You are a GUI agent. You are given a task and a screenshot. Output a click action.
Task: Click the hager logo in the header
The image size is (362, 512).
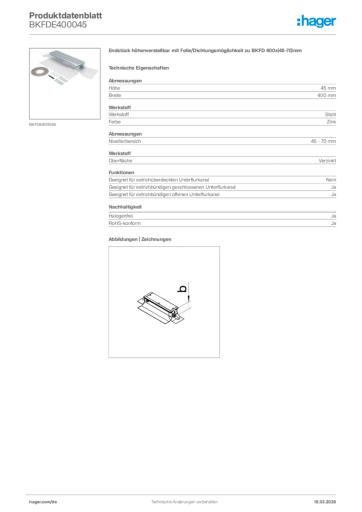(x=316, y=21)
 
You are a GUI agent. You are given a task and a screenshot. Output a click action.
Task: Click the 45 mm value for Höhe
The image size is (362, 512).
(x=328, y=88)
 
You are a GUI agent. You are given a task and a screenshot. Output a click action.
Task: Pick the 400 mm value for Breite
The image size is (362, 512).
(x=326, y=95)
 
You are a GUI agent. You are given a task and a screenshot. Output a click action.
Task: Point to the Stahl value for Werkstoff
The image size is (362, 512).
(x=330, y=114)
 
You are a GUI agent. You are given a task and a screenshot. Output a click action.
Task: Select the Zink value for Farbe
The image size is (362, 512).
(x=331, y=121)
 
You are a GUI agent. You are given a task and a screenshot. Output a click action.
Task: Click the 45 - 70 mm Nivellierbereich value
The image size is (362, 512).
(x=323, y=141)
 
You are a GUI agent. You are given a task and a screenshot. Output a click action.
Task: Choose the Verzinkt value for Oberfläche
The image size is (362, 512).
(x=327, y=160)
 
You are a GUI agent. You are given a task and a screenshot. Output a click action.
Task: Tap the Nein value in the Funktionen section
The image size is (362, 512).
(x=331, y=180)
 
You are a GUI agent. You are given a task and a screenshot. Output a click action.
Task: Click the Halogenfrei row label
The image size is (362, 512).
(x=121, y=216)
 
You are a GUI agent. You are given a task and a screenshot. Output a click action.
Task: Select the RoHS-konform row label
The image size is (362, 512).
(x=124, y=223)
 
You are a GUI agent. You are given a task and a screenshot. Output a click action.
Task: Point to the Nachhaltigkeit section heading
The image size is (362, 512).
(x=125, y=206)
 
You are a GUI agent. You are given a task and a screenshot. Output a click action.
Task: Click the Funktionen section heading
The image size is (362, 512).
(x=121, y=172)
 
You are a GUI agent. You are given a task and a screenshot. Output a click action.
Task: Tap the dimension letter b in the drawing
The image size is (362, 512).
(x=183, y=288)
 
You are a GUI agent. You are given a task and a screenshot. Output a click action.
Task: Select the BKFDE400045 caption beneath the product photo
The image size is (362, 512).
(x=42, y=124)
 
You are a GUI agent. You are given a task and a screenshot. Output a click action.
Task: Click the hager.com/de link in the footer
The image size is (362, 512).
(x=43, y=501)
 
